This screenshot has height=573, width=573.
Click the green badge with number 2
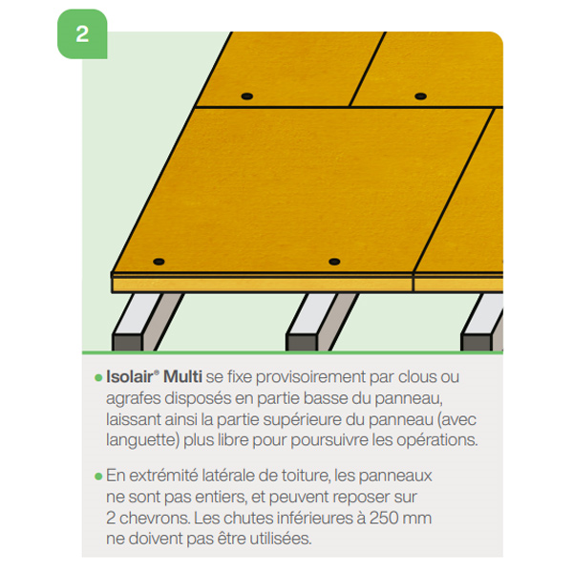click(x=82, y=34)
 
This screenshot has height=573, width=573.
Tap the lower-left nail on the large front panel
click(x=159, y=261)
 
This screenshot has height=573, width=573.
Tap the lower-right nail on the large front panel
click(x=333, y=262)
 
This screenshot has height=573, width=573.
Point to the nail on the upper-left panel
click(x=246, y=96)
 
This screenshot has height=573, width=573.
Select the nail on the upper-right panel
click(x=420, y=96)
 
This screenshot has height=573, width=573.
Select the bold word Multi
click(x=183, y=378)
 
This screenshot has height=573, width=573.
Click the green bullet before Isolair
click(x=98, y=379)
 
